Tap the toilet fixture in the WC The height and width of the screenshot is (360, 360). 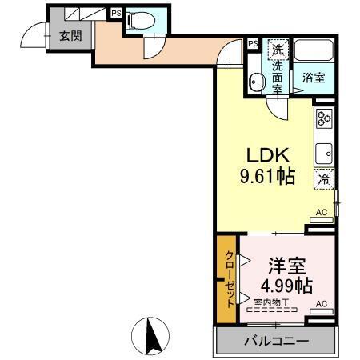click(138, 22)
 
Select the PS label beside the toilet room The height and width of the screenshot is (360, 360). click(116, 13)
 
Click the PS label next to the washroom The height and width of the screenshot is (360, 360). click(253, 44)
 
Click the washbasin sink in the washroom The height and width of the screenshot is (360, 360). click(257, 82)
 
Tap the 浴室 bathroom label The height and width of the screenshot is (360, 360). click(314, 78)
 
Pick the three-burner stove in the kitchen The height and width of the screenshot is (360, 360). click(324, 120)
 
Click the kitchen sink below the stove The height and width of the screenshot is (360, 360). click(324, 153)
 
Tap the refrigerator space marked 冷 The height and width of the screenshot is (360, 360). click(324, 179)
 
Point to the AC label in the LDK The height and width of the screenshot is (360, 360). click(322, 212)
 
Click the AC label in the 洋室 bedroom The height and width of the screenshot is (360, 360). click(322, 304)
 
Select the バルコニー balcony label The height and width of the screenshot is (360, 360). click(275, 342)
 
